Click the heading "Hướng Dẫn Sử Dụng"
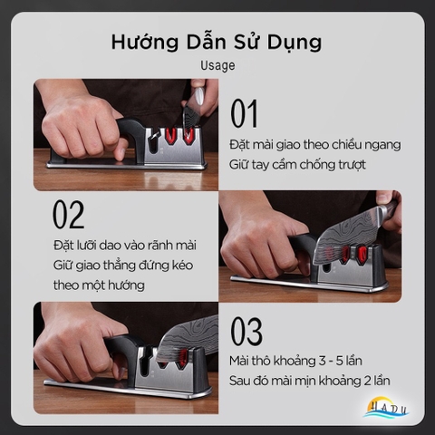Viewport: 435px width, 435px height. (x=216, y=43)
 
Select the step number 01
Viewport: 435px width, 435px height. (x=244, y=114)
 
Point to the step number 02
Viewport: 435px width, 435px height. (x=68, y=215)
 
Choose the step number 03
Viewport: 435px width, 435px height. (x=246, y=333)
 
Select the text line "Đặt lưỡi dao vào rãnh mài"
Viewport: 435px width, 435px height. (x=124, y=245)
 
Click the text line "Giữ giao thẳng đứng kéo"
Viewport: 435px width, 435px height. (x=123, y=266)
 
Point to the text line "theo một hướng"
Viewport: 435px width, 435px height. (x=99, y=285)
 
